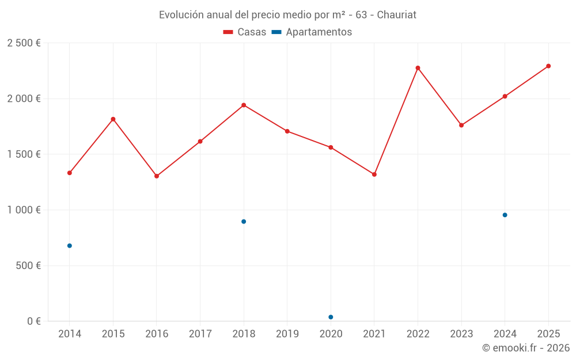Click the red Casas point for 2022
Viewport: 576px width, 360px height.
pos(418,68)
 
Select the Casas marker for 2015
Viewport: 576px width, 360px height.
pos(113,119)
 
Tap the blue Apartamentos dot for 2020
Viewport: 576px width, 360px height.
pos(331,317)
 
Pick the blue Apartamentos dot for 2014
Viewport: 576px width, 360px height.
pos(70,246)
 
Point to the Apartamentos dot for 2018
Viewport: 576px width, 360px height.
pos(244,221)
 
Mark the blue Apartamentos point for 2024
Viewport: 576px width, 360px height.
pos(505,215)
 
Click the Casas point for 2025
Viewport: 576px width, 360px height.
pos(548,66)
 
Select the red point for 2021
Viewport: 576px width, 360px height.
pos(374,175)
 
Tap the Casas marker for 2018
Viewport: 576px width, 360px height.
pos(244,105)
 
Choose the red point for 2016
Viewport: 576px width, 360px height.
pos(157,176)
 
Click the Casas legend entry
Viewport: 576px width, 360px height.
pos(245,32)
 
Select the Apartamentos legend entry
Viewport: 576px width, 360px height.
pos(312,32)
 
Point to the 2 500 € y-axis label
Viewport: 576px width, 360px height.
pos(24,43)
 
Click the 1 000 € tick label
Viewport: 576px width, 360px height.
pos(24,210)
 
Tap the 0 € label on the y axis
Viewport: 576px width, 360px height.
pos(33,321)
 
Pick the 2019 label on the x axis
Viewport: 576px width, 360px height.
pos(287,334)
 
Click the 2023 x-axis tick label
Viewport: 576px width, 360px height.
pos(461,334)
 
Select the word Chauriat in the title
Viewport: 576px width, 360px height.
pos(396,15)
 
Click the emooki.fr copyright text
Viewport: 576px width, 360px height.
pos(525,348)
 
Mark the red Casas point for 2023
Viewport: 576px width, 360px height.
pos(461,125)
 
